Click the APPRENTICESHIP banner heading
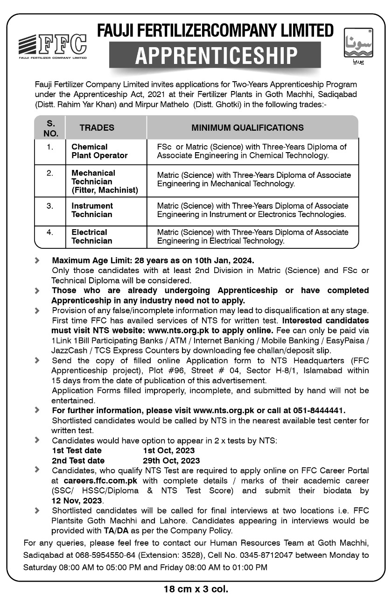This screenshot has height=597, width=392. pos(216,56)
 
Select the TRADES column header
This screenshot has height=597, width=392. pos(97,127)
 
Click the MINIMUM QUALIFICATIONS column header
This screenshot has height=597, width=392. pos(247,127)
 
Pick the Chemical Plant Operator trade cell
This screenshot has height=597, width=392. pos(99,151)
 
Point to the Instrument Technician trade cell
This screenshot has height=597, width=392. pos(92,210)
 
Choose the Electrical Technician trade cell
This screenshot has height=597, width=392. pos(91,236)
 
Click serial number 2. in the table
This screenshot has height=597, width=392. pos(50,173)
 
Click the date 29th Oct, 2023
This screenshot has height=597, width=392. pos(171,461)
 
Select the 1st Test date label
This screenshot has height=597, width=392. pos(77,450)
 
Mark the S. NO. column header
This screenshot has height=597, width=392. pos(51,127)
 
